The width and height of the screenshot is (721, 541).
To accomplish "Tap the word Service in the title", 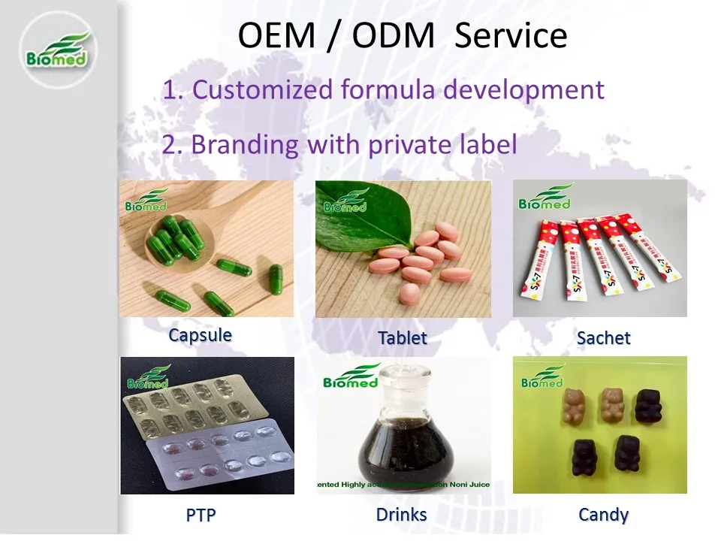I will pos(511,35).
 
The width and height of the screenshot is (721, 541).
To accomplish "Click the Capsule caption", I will pos(201,334).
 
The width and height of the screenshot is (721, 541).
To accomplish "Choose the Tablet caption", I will pos(403,338).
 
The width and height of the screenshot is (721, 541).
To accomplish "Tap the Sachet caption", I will pos(603,338).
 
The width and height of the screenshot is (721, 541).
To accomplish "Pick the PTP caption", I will pos(205,515).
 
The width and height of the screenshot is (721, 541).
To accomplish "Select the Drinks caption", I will pos(401,515).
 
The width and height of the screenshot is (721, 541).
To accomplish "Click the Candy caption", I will pos(603,515).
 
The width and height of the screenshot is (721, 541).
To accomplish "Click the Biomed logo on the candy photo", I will pos(542,377).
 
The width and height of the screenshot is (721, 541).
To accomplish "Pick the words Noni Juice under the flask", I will pos(469,485).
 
